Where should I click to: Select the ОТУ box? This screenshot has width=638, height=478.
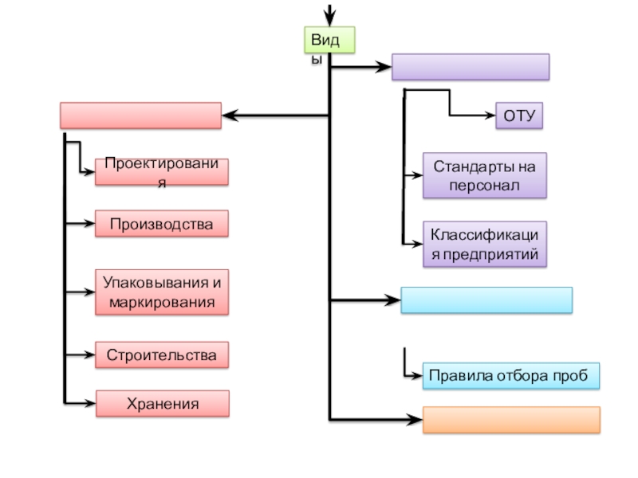point(519,116)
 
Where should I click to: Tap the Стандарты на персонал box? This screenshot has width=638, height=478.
point(485,175)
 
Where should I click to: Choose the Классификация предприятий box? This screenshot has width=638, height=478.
point(485,244)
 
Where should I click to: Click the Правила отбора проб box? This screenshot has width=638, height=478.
point(510,376)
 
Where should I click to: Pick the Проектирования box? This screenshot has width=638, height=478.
point(162,171)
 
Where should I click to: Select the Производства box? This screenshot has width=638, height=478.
point(162,224)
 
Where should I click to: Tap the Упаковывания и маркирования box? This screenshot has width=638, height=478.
point(162,292)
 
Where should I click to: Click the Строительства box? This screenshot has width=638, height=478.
point(162,355)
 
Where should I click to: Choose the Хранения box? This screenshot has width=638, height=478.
point(162,404)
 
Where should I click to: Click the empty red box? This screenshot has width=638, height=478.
point(140,116)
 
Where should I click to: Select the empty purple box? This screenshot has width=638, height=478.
point(471,67)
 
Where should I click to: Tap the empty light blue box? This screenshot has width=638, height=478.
point(486,300)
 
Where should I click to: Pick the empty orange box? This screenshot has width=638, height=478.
point(511,420)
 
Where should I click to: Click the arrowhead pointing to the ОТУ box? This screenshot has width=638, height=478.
point(490,116)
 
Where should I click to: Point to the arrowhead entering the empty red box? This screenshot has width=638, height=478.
point(229,116)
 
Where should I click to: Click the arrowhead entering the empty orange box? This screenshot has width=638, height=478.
point(415,419)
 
